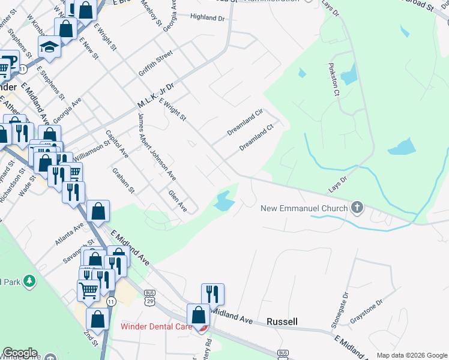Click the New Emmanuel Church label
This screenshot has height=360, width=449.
304,209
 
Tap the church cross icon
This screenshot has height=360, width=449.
357,208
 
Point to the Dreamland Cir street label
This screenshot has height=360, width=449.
245,122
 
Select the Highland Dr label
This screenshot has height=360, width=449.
207,18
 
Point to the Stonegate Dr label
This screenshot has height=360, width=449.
340,310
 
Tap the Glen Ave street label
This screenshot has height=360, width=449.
178,202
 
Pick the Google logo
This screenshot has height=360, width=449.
20,353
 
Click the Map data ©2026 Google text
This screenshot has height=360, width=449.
412,355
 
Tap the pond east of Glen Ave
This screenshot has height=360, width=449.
223,200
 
